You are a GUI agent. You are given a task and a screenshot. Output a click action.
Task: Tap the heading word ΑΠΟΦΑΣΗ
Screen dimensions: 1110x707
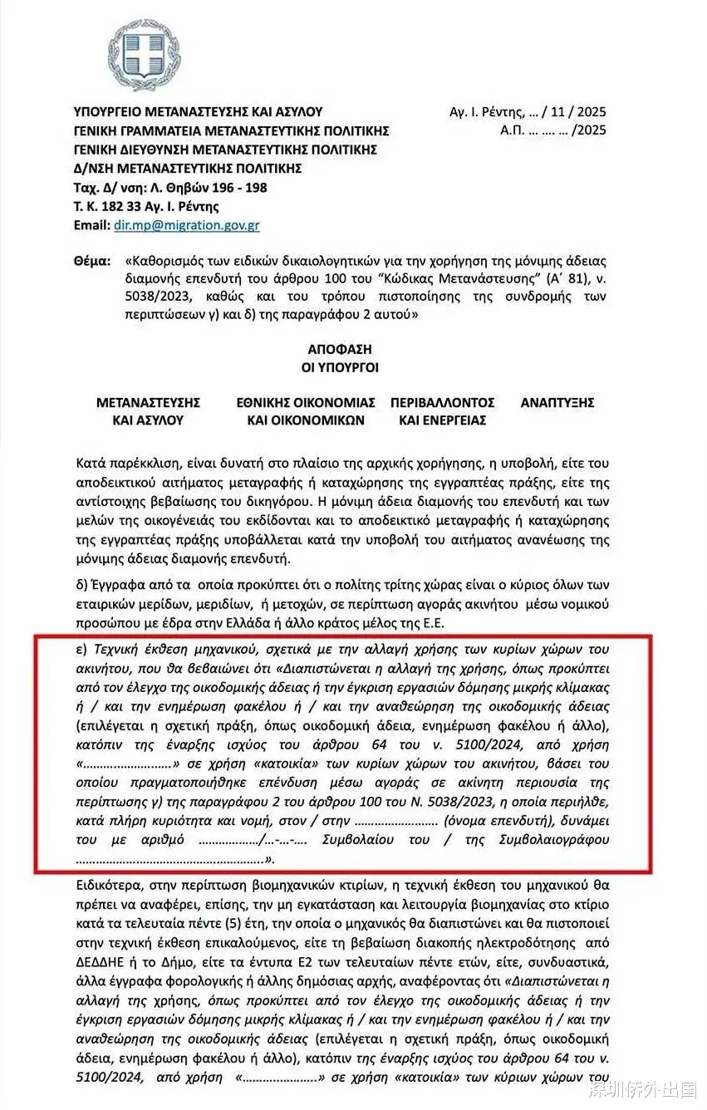coord(350,350)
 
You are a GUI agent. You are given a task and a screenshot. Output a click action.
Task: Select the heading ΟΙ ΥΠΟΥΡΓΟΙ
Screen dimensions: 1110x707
coord(350,368)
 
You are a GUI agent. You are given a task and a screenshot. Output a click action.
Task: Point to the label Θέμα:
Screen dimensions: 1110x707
coord(91,261)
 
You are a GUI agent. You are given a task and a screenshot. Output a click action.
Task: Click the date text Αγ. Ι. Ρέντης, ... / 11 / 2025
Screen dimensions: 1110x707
coord(528,111)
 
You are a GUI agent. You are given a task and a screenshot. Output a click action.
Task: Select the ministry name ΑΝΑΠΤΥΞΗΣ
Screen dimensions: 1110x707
coord(557,402)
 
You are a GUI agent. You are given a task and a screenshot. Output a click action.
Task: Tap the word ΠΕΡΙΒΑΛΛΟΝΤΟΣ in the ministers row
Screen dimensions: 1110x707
coord(442,402)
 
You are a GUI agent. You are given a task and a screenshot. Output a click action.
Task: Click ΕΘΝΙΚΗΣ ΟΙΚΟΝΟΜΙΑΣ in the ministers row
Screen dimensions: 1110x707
coord(306,402)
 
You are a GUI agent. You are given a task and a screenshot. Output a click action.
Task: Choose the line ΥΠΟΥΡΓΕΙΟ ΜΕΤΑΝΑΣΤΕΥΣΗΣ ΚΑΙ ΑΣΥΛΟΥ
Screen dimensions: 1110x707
coord(198,111)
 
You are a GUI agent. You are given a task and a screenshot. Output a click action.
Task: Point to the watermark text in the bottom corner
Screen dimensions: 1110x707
coord(641,1089)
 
